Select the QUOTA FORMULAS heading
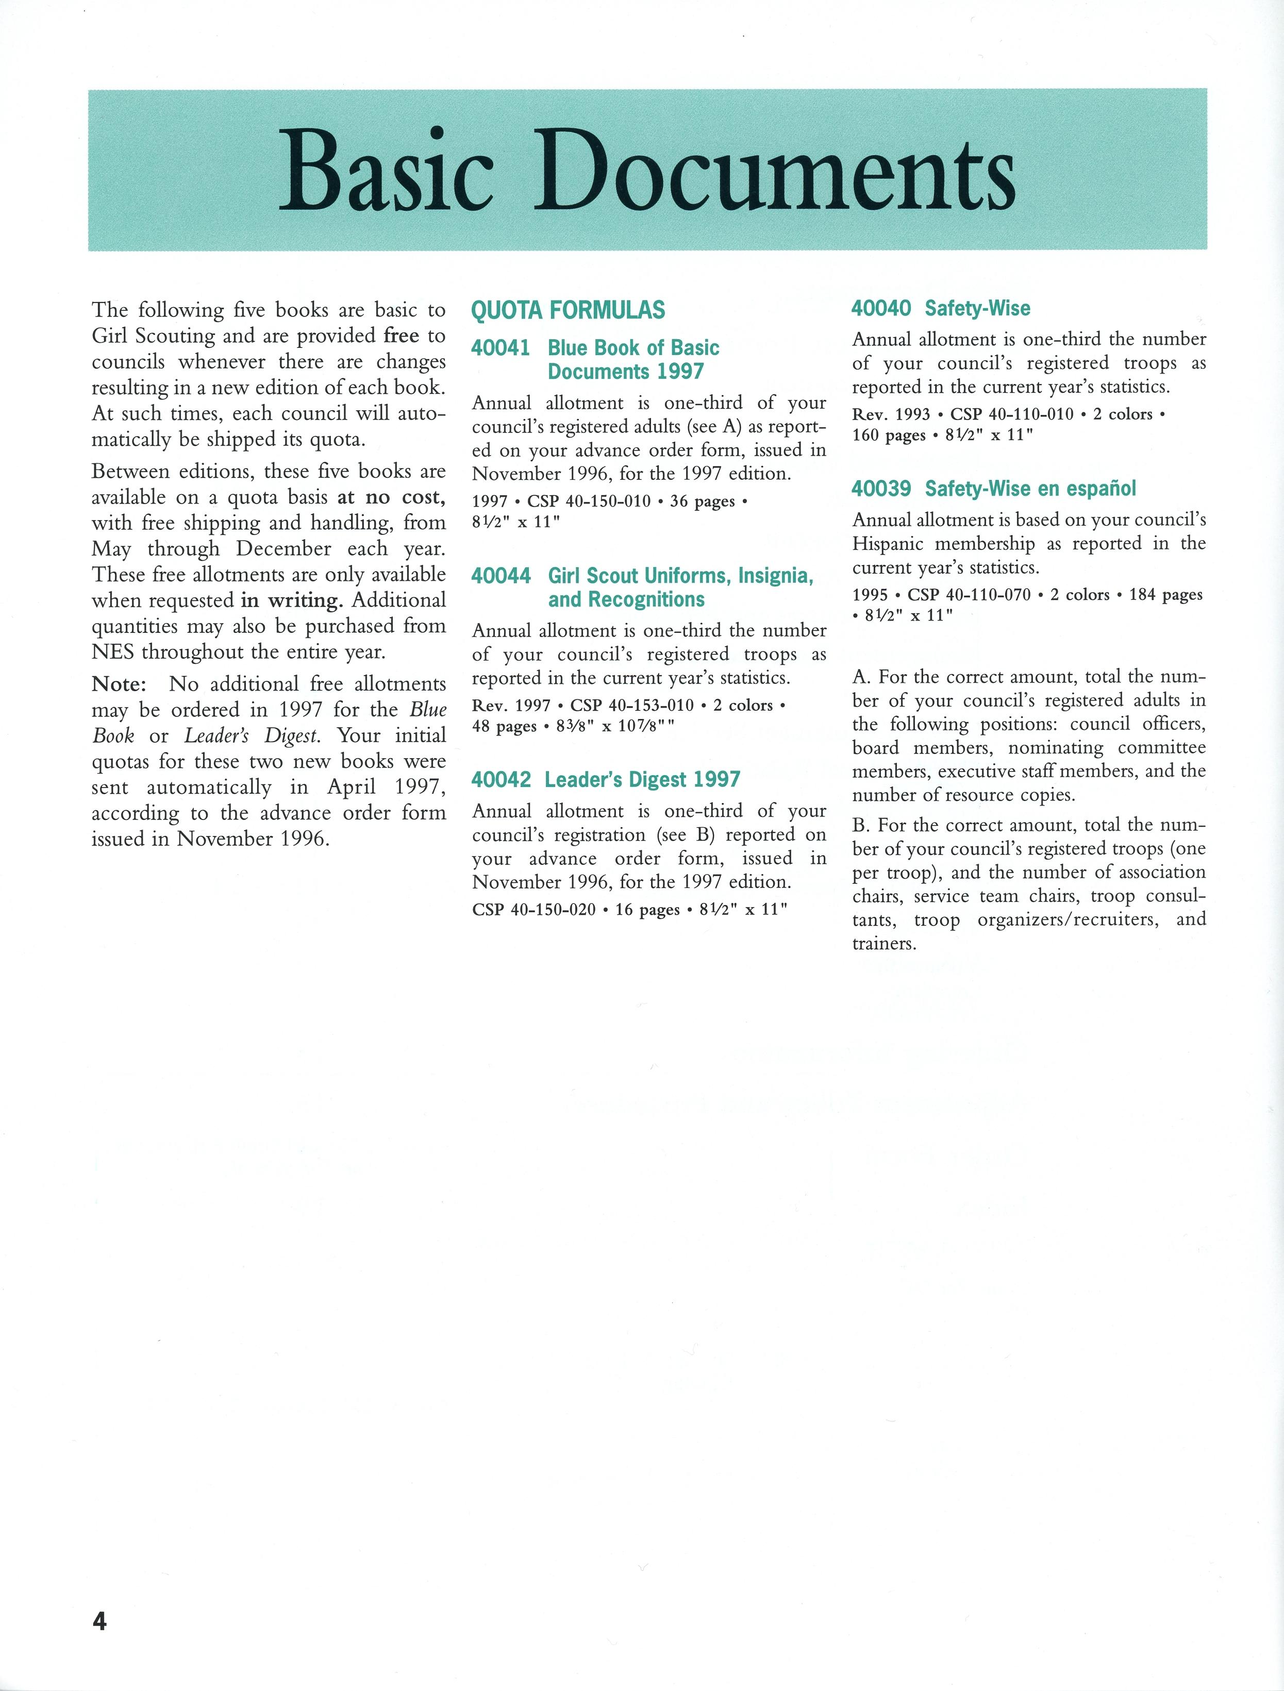point(568,310)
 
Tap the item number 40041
point(501,348)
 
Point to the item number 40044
point(501,576)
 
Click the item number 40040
point(881,308)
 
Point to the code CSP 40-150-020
point(534,909)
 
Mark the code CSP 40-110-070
point(969,594)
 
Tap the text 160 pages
point(889,435)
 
